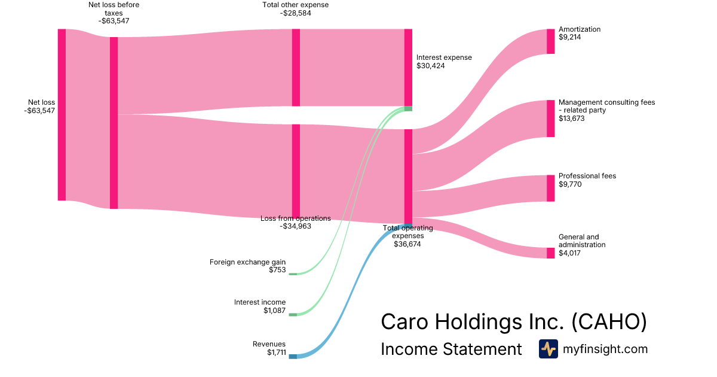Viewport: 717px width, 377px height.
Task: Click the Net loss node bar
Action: tap(62, 114)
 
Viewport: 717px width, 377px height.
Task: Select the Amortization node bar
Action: tap(550, 41)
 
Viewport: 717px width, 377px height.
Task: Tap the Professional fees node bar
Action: tap(550, 188)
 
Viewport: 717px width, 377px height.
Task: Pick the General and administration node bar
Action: tap(550, 253)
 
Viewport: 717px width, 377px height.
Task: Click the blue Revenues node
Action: tap(293, 357)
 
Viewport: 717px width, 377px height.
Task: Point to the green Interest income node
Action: tap(293, 314)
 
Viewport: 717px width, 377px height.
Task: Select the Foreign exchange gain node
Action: tap(293, 273)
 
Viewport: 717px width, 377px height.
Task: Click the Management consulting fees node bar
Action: tap(550, 118)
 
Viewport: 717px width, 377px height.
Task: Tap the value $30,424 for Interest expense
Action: tap(430, 66)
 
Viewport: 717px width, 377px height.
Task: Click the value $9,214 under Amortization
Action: tap(569, 37)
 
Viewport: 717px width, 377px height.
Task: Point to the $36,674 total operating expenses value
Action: tap(407, 244)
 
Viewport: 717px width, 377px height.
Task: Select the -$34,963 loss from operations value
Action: tap(295, 226)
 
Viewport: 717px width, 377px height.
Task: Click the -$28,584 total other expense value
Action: tap(295, 13)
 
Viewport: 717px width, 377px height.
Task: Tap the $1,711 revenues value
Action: tap(276, 352)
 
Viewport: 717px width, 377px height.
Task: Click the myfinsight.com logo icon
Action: tap(549, 349)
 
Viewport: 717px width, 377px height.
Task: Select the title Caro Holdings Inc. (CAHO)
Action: tap(514, 322)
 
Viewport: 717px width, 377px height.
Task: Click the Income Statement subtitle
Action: tap(451, 349)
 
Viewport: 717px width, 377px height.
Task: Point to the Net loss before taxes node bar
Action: tap(114, 123)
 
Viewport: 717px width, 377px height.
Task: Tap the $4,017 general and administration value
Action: tap(569, 253)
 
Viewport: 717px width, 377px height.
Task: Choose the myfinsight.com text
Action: tap(605, 349)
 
